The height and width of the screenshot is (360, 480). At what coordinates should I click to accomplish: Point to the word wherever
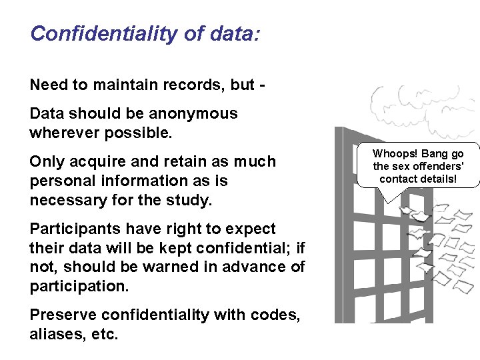click(x=64, y=132)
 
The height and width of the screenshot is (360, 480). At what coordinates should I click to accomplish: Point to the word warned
click(x=171, y=267)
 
